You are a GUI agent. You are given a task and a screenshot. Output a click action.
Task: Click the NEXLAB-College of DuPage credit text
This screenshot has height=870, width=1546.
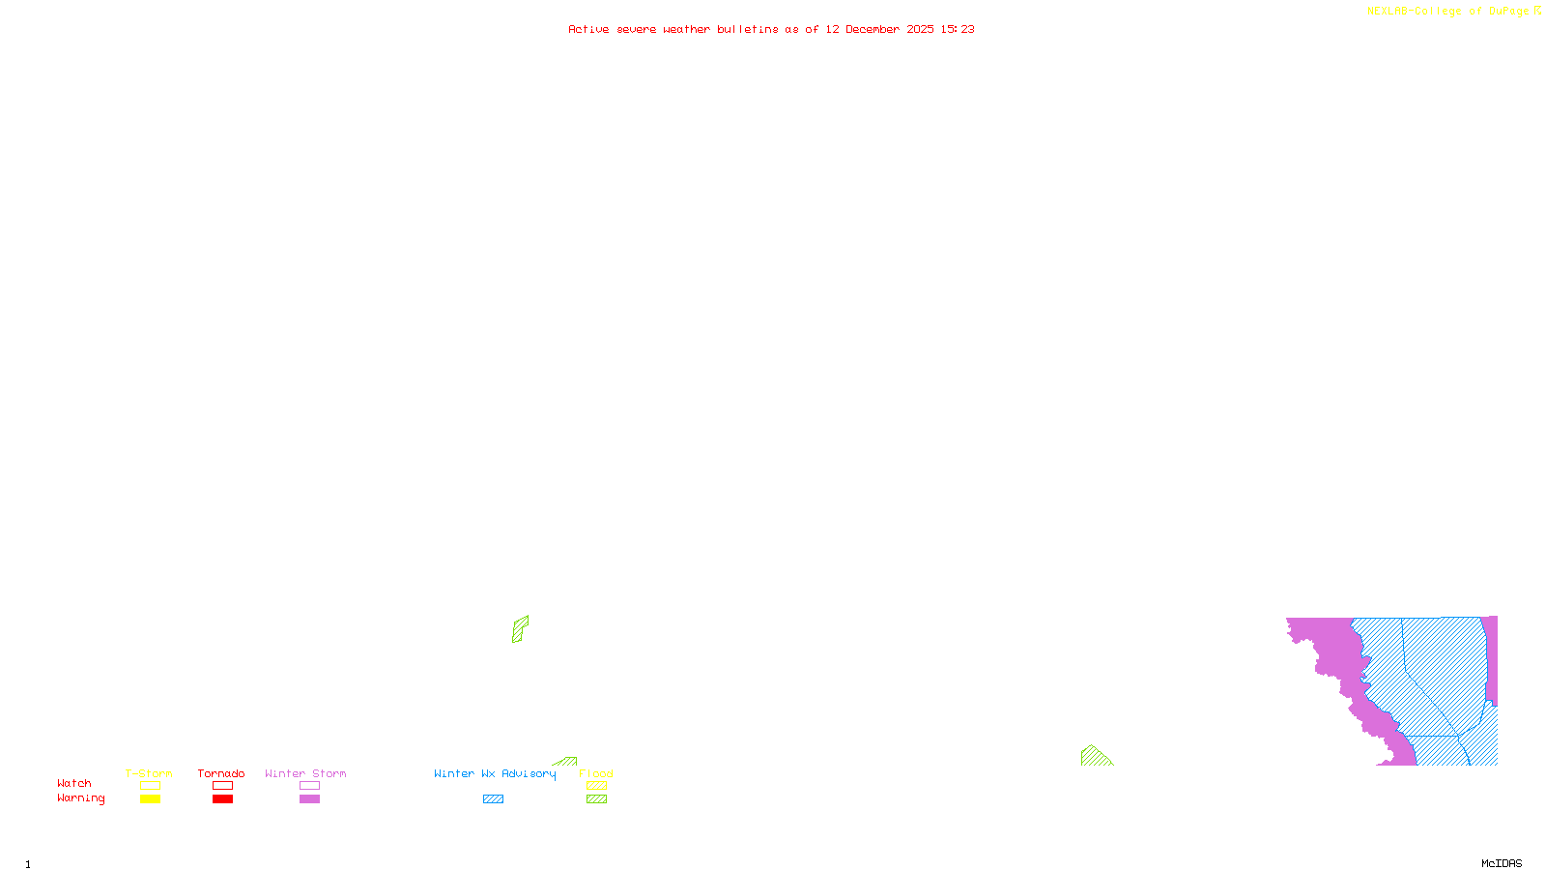tap(1453, 11)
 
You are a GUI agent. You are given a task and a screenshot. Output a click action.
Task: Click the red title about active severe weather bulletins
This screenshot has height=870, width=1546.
tap(770, 29)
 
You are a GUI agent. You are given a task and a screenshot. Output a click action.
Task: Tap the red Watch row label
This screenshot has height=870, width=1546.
tap(74, 783)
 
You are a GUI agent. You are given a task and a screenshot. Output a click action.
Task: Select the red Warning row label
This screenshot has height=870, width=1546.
tap(80, 798)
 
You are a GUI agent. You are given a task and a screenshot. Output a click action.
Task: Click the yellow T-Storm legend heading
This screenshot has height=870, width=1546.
tap(149, 773)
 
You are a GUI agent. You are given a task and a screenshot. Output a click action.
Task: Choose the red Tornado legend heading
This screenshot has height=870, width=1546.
tap(221, 773)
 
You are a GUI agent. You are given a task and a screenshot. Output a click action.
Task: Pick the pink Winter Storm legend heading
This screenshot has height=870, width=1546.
tap(305, 773)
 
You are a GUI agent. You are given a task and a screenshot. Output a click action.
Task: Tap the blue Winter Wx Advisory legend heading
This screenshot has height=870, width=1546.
tap(495, 773)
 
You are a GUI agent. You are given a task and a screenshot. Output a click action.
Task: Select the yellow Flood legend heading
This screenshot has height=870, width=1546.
tap(596, 773)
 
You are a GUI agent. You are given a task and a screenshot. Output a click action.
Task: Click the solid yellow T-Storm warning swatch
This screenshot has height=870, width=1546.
tap(150, 799)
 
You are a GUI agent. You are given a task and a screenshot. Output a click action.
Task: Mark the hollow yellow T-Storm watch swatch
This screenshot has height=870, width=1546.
tap(150, 786)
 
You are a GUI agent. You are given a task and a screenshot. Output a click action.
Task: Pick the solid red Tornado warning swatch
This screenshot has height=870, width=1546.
tap(223, 799)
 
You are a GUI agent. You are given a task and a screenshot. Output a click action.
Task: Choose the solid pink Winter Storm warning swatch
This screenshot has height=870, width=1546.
tap(309, 799)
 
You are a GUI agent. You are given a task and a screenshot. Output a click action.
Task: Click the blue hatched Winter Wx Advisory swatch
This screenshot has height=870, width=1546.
tap(493, 799)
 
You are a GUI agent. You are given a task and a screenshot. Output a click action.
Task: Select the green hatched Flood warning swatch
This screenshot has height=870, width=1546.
tap(597, 799)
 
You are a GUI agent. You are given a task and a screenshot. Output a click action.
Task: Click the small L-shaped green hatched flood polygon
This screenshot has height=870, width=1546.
tap(519, 628)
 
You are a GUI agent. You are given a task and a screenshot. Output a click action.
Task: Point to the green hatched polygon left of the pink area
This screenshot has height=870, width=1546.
tap(1094, 757)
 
